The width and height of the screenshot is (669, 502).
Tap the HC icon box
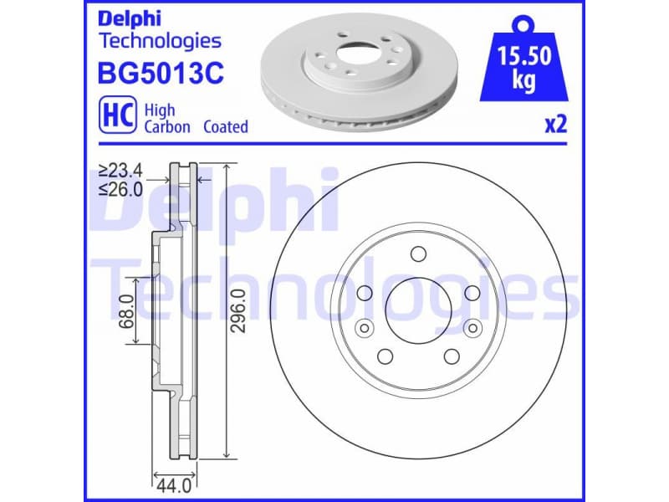117,116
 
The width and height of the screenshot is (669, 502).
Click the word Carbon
167,127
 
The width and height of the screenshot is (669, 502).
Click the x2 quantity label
556,125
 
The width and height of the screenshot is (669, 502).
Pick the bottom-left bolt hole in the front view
385,356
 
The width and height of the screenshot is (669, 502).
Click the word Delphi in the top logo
130,18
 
